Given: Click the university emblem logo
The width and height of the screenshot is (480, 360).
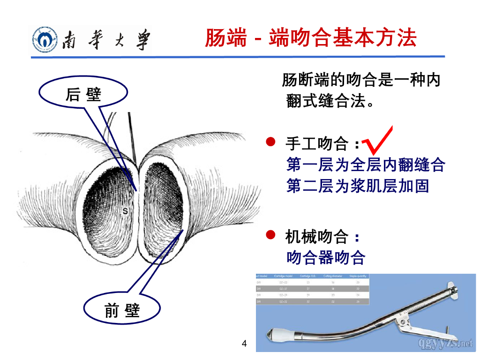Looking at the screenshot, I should coord(45,39).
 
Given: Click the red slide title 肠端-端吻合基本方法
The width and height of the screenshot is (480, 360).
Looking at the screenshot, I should coord(310,37).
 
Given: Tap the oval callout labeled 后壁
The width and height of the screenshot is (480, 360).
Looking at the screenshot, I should coord(84,94).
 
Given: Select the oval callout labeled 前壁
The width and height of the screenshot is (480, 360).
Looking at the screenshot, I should coord(122,310).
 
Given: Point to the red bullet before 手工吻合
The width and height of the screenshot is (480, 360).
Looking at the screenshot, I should coord(270,142).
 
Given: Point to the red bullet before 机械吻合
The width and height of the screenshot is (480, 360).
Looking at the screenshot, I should coord(270,234).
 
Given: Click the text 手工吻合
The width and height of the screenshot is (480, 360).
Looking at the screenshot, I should coord(317,143).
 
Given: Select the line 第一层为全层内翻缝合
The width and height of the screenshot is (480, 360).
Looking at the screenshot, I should coord(365,165).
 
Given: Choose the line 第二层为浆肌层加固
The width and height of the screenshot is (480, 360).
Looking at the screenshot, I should coord(357,186).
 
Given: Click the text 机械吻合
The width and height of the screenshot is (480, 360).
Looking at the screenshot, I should coord(317,237).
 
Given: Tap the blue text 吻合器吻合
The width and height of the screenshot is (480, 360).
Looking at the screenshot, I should coord(325,257).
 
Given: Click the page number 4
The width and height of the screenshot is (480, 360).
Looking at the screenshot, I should coord(244,344).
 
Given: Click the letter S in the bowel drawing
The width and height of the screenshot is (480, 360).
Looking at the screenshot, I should coord(125,211).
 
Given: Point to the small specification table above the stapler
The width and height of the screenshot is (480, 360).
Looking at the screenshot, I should coord(312,289).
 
